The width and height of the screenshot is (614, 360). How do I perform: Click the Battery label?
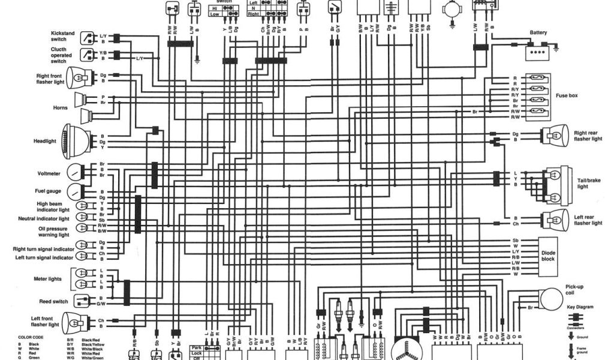[x=538, y=33]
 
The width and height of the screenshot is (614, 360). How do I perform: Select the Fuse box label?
[x=565, y=95]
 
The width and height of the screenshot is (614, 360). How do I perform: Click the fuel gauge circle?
[x=75, y=191]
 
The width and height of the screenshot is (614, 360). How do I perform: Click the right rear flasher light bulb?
[x=554, y=136]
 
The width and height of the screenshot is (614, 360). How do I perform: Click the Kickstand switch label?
[x=62, y=36]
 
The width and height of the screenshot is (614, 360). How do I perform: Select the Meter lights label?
[x=49, y=279]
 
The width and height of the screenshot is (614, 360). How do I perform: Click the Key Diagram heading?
[x=580, y=307]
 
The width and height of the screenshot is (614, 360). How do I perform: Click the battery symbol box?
[x=538, y=53]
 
